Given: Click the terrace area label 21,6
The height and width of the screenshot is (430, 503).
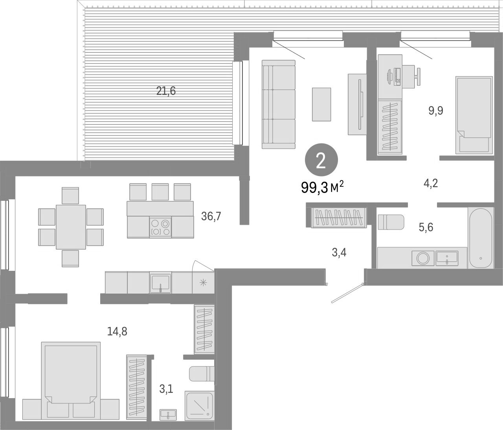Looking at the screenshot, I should (166, 92).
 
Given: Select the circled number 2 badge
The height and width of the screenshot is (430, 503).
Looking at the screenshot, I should (321, 161).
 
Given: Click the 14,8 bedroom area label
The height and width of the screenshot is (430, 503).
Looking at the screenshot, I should (117, 331).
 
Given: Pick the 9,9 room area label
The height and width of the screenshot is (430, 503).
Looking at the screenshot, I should (436, 110).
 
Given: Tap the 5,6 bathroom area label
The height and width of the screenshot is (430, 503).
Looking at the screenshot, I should (426, 227).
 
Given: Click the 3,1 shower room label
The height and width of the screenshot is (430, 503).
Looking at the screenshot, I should (165, 389).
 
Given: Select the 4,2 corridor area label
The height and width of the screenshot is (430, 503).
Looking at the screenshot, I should (430, 183).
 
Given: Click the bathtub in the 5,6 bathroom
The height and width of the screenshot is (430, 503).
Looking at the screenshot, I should (480, 238).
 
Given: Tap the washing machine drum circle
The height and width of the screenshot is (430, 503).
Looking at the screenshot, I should (423, 258).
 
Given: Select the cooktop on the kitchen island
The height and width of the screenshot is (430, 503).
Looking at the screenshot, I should (160, 227).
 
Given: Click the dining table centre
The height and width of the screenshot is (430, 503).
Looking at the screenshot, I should (71, 227).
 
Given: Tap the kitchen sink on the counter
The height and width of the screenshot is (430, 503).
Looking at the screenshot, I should (160, 282).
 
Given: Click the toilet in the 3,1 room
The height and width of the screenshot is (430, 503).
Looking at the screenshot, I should (201, 373).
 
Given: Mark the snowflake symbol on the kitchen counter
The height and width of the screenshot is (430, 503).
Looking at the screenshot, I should (203, 282).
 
